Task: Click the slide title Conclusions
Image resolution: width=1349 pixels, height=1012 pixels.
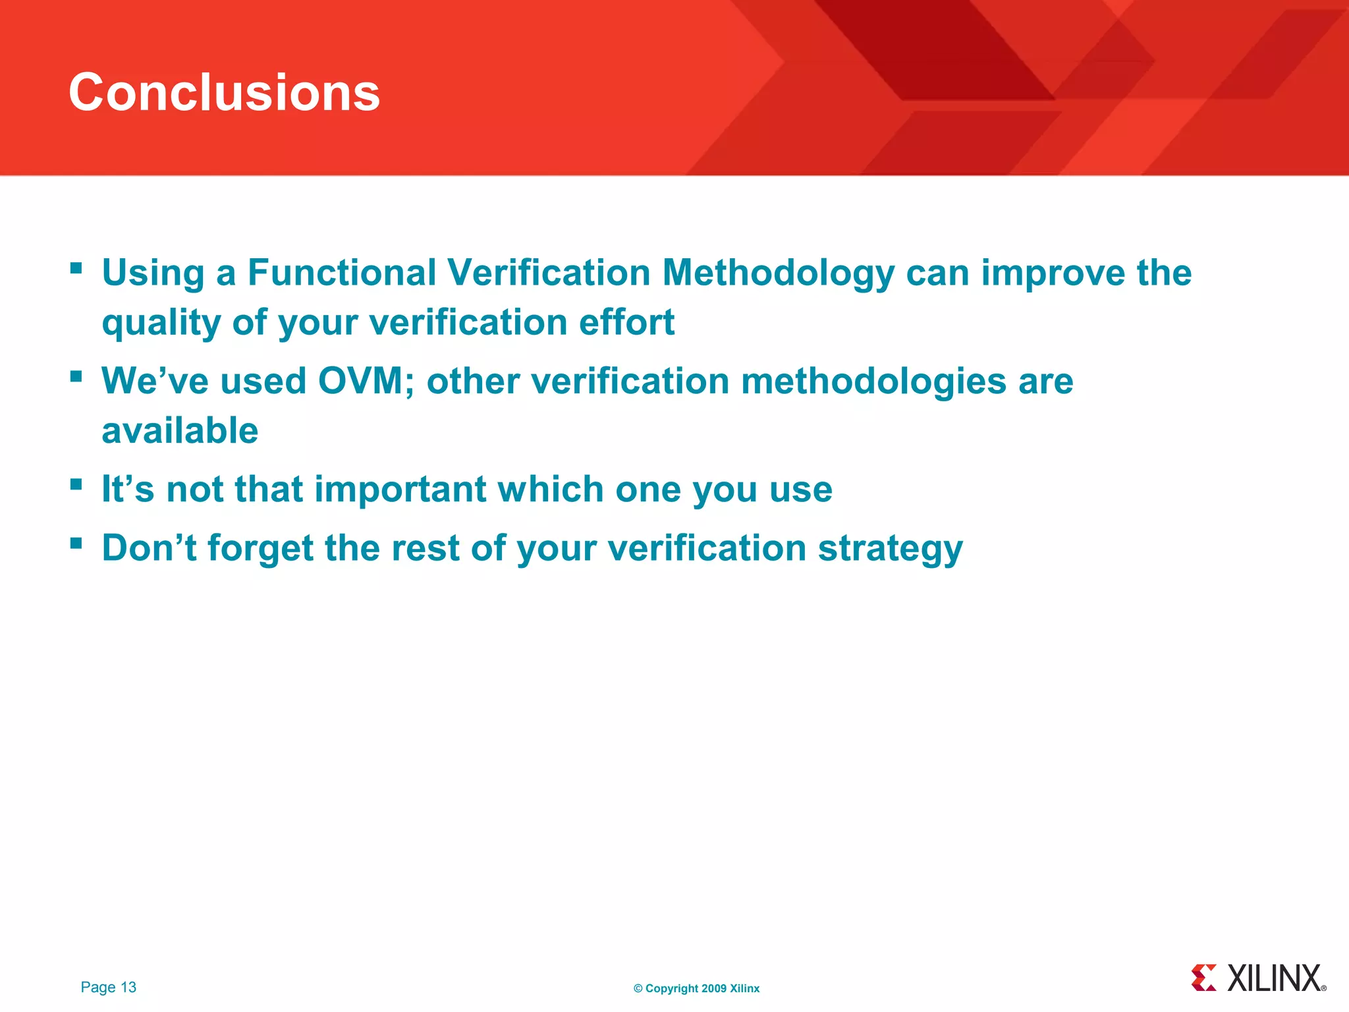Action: tap(224, 92)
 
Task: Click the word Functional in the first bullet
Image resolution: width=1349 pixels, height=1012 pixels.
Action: tap(342, 273)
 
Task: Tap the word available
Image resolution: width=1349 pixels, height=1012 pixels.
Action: tap(180, 431)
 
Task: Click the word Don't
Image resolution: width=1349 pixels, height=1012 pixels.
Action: tap(149, 548)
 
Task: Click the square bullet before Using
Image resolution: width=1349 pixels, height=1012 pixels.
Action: tap(76, 268)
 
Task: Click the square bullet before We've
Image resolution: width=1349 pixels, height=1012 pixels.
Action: tap(76, 376)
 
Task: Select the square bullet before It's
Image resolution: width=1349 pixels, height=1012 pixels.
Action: tap(76, 484)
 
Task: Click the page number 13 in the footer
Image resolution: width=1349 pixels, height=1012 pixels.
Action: tap(128, 987)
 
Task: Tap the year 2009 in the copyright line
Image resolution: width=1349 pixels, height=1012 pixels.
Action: tap(713, 988)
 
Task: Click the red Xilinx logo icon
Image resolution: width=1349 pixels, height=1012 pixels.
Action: tap(1204, 978)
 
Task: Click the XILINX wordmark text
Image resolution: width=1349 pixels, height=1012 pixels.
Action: tap(1275, 978)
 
